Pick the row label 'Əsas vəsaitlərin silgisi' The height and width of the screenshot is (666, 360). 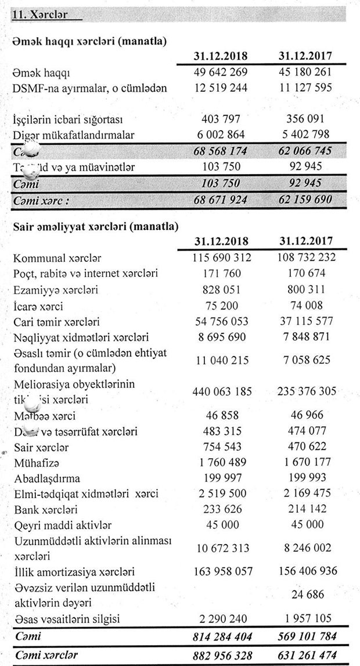pos(66,620)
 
